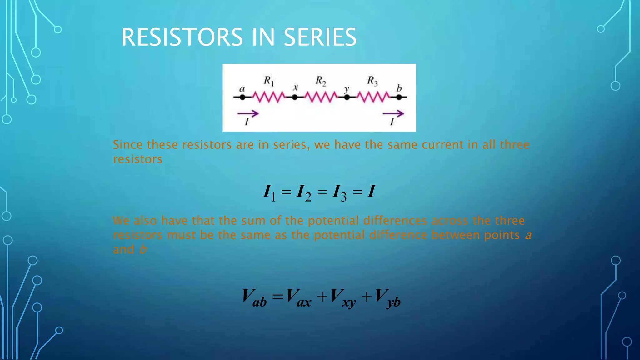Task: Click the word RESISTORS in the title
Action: click(x=182, y=37)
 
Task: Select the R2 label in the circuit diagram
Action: click(x=321, y=81)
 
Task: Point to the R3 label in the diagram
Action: click(x=372, y=81)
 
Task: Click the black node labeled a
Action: click(x=242, y=97)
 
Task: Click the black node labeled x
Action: click(x=295, y=97)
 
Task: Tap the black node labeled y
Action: click(x=347, y=97)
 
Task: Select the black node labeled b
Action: click(x=399, y=97)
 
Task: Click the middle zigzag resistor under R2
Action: click(x=321, y=97)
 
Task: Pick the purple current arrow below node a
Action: click(x=248, y=114)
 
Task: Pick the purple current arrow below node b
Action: click(x=393, y=114)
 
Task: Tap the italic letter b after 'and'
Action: click(x=143, y=250)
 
